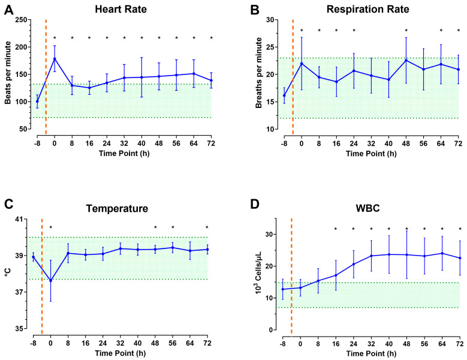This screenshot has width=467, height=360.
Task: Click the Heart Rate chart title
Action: tap(120, 9)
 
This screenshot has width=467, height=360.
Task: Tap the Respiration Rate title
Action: tap(368, 9)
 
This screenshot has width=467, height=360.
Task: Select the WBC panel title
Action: tap(368, 208)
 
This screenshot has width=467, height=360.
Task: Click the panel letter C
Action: tap(9, 204)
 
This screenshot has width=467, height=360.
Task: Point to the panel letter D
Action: tap(255, 204)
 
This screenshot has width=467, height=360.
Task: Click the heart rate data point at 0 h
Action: tap(55, 59)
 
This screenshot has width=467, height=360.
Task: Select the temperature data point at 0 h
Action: tap(50, 280)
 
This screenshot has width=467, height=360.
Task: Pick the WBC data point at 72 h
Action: tap(460, 258)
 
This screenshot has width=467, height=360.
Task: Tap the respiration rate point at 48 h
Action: tap(406, 60)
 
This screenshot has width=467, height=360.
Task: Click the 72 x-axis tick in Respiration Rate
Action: tap(459, 143)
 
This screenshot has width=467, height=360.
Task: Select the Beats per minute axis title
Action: tap(8, 73)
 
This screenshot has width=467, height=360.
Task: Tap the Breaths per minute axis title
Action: tap(258, 73)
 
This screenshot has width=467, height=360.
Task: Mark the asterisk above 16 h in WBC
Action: tap(336, 229)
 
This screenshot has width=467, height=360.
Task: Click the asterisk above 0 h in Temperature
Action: tap(50, 227)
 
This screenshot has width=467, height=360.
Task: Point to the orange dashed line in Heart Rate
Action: tap(46, 77)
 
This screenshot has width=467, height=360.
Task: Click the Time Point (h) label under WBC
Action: tap(371, 354)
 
